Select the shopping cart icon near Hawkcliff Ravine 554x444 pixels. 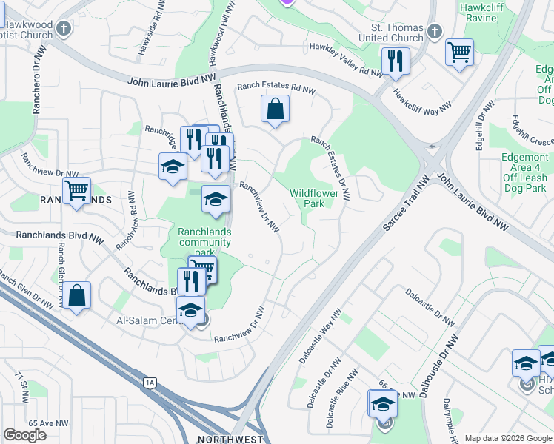pyautogui.click(x=460, y=53)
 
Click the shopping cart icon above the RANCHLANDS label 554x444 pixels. pyautogui.click(x=76, y=190)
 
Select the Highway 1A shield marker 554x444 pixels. pyautogui.click(x=150, y=382)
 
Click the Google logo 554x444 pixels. pyautogui.click(x=25, y=435)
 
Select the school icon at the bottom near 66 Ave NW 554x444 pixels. pyautogui.click(x=383, y=404)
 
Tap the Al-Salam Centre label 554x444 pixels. pyautogui.click(x=151, y=321)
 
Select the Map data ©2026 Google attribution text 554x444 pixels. pyautogui.click(x=508, y=438)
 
